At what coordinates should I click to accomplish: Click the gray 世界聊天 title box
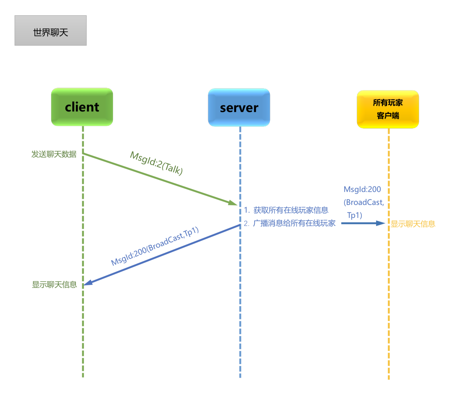pyautogui.click(x=50, y=31)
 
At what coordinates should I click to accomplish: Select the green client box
pyautogui.click(x=82, y=107)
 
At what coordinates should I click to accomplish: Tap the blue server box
pyautogui.click(x=239, y=108)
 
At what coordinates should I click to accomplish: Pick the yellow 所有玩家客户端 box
pyautogui.click(x=388, y=109)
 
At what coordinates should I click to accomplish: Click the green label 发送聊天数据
pyautogui.click(x=54, y=154)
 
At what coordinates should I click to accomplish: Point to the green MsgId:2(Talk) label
pyautogui.click(x=156, y=163)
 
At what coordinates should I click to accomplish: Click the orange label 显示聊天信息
pyautogui.click(x=413, y=224)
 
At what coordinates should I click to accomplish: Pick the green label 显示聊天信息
pyautogui.click(x=54, y=285)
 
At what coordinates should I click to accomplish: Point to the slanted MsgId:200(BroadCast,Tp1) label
pyautogui.click(x=155, y=246)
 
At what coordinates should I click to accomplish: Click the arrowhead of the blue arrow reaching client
pyautogui.click(x=87, y=283)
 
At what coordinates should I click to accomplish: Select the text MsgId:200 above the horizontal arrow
pyautogui.click(x=362, y=189)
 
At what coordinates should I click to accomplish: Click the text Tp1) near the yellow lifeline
pyautogui.click(x=355, y=215)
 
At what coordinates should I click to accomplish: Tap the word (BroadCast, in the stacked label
pyautogui.click(x=364, y=202)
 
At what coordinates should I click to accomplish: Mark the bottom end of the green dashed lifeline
pyautogui.click(x=83, y=376)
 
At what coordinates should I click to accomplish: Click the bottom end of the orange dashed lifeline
pyautogui.click(x=389, y=378)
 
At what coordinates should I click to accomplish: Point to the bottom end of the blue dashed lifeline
pyautogui.click(x=240, y=377)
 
